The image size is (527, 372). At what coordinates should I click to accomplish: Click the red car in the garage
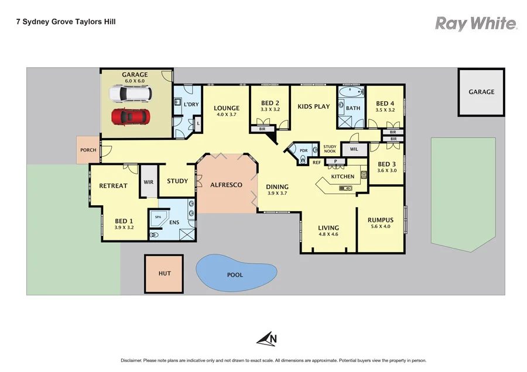pos(131,116)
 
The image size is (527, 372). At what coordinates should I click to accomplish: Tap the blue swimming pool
pos(235,273)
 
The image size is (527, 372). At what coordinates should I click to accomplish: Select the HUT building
pos(164,273)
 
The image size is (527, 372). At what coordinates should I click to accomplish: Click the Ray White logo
pos(475,23)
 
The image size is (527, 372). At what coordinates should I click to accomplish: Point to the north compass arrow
pos(266,338)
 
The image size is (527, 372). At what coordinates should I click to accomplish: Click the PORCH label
pos(88,150)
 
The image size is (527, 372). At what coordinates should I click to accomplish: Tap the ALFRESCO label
pos(226,185)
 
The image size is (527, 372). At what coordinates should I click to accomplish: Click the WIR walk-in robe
pos(148,182)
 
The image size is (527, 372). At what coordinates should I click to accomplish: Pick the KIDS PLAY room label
pos(313,106)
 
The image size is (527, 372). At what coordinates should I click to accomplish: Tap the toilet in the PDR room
pos(303,157)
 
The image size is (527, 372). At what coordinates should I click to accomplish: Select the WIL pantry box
pos(354,150)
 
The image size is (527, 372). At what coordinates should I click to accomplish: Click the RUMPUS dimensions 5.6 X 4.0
pos(380,226)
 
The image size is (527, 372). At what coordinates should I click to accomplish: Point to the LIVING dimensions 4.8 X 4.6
pos(328,235)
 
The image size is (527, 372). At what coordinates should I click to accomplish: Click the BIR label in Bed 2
pos(261,128)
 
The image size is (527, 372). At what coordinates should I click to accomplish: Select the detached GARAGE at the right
pos(481,92)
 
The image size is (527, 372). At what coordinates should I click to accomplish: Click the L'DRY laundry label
pos(191,104)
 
